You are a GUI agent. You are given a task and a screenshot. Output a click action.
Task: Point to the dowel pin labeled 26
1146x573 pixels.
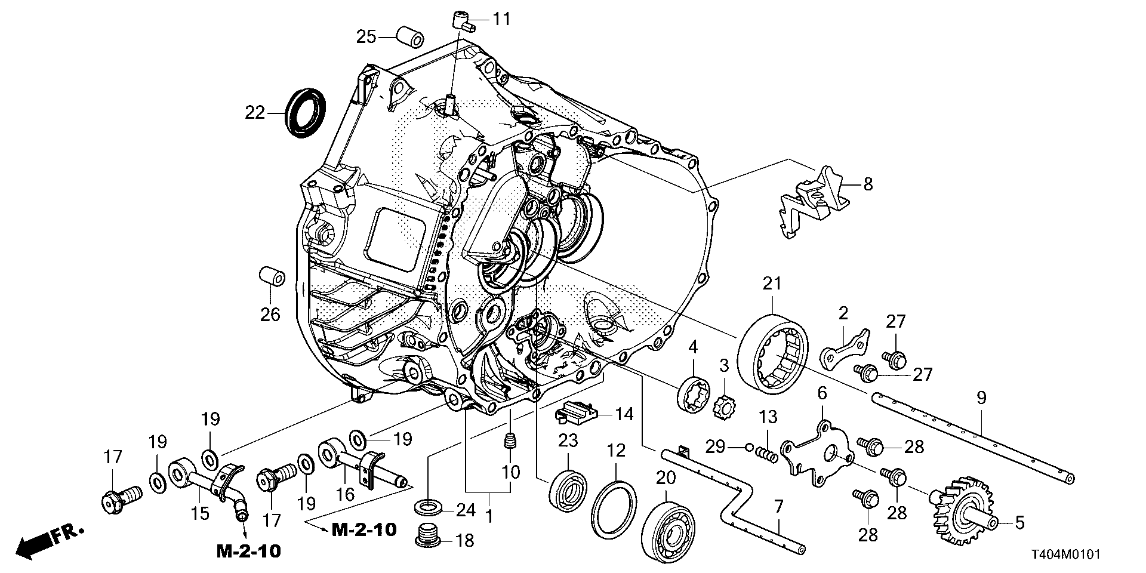tap(272, 278)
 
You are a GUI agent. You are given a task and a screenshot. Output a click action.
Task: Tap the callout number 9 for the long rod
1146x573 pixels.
tap(981, 397)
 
